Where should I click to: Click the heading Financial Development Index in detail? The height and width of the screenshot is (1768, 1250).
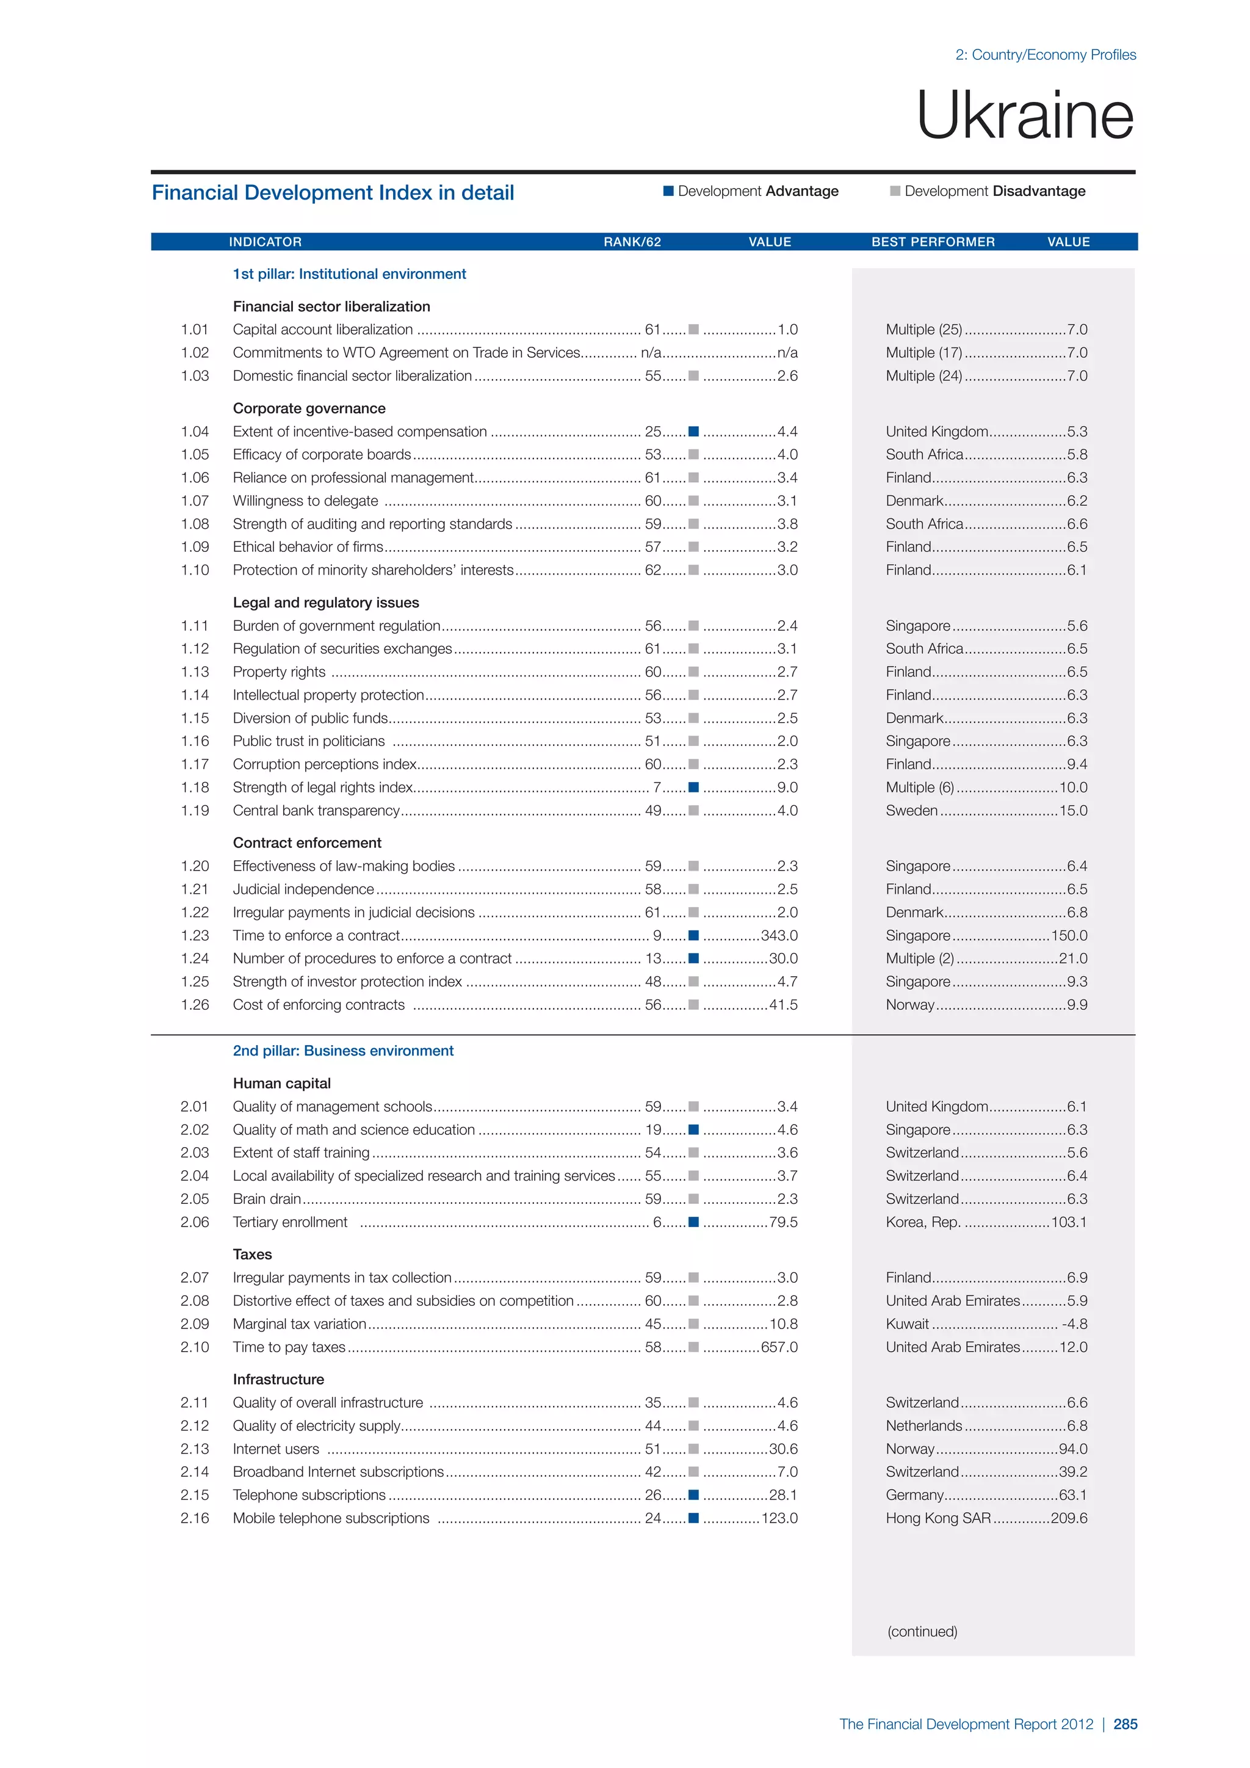[x=333, y=192]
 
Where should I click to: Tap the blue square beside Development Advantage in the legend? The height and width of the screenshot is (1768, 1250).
[x=668, y=191]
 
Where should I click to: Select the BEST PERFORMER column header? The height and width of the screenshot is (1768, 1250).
[x=933, y=242]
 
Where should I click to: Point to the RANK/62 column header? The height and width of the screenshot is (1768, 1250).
[x=632, y=242]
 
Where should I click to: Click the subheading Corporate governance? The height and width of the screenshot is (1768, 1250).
[x=309, y=408]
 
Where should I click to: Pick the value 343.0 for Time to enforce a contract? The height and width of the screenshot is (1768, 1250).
[x=779, y=936]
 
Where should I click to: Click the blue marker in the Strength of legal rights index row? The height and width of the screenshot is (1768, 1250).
[x=693, y=787]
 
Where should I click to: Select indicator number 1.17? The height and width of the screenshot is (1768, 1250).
[x=195, y=764]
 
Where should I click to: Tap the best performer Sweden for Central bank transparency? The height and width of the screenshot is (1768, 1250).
[x=911, y=810]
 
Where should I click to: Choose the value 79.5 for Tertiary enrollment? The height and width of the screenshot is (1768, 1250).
[x=784, y=1222]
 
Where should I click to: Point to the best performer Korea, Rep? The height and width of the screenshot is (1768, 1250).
[x=923, y=1222]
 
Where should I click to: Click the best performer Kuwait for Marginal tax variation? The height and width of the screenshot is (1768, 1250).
[x=908, y=1324]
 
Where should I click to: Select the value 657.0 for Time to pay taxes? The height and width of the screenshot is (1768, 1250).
[x=779, y=1347]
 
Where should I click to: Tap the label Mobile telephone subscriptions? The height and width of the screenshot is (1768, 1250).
[x=331, y=1518]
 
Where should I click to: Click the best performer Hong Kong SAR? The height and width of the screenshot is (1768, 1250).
[x=938, y=1518]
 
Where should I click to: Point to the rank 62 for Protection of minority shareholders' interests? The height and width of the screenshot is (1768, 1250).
[x=652, y=570]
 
